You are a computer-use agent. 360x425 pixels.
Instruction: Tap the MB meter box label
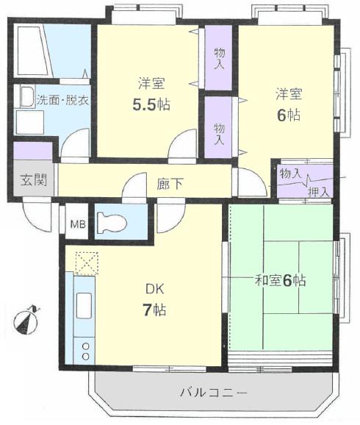78,224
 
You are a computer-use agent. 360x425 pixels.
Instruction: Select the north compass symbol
26,320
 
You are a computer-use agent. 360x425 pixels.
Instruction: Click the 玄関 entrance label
34,179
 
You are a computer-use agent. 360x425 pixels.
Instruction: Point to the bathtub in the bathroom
34,51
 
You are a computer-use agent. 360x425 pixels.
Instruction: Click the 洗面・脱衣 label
62,101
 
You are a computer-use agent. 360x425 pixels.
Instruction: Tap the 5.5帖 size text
151,104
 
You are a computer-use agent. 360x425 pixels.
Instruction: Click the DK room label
155,289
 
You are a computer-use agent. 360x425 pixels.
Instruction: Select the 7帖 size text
154,310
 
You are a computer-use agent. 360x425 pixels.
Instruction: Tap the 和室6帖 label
280,281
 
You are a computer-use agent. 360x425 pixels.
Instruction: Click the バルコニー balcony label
214,392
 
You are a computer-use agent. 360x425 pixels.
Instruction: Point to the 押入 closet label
319,192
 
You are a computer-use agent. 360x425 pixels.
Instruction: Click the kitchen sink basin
84,305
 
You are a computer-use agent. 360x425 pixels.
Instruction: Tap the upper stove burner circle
86,346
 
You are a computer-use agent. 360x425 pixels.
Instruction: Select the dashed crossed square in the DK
87,263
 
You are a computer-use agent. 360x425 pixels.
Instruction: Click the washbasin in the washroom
27,97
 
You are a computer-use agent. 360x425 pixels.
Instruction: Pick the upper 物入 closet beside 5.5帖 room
218,57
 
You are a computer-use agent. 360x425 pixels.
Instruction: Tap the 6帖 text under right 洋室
288,115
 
